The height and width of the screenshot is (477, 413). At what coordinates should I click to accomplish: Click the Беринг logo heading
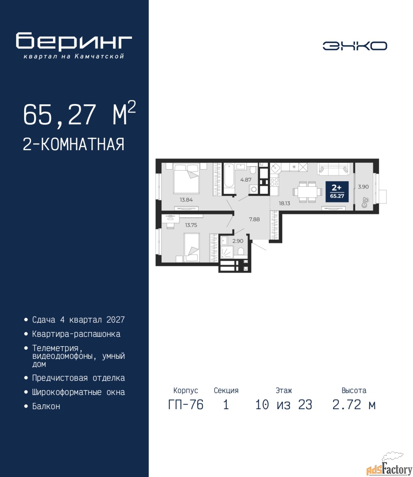coord(74,42)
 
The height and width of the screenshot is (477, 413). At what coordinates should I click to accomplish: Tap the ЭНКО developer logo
coord(355,46)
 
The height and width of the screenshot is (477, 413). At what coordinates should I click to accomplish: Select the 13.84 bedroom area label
coord(186,200)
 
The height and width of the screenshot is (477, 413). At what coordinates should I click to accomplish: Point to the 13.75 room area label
coord(191,225)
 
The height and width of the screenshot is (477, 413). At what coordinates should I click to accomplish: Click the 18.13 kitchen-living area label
coord(284,203)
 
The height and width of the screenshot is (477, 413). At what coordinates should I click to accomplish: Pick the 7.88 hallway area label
coord(254,219)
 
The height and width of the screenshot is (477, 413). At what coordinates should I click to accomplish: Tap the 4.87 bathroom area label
coord(246,180)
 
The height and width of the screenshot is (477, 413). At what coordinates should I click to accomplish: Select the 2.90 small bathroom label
coord(238,241)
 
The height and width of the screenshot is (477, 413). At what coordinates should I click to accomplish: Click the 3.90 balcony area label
coord(363,187)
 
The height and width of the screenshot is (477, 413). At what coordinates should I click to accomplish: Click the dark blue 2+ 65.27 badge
coord(337,192)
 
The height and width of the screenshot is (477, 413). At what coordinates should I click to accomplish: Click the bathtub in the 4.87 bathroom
coord(229,178)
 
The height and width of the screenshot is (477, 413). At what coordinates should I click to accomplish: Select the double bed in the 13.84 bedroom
coord(186,178)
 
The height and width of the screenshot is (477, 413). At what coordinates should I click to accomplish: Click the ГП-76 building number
coord(185,405)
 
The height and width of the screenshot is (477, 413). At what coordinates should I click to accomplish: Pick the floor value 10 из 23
coord(284,405)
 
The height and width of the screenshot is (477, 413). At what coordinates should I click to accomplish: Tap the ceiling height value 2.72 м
coord(354,405)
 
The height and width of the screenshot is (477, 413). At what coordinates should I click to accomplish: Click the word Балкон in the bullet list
coord(46,406)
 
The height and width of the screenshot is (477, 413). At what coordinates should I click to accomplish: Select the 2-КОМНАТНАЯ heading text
coord(74,144)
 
